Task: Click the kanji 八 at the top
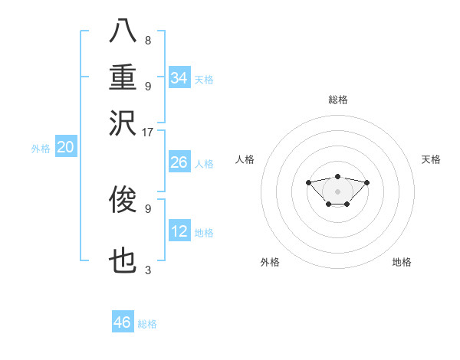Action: pyautogui.click(x=123, y=31)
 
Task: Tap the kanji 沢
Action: pyautogui.click(x=123, y=122)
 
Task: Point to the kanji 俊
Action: pyautogui.click(x=123, y=201)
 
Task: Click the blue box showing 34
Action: pyautogui.click(x=179, y=78)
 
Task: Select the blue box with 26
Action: pyautogui.click(x=179, y=163)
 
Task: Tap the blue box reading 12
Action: pyautogui.click(x=179, y=232)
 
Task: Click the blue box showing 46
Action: pyautogui.click(x=123, y=322)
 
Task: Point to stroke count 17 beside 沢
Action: pyautogui.click(x=148, y=131)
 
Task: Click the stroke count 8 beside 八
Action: pyautogui.click(x=148, y=40)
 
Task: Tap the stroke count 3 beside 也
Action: pyautogui.click(x=148, y=270)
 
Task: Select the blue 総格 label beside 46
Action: pyautogui.click(x=147, y=324)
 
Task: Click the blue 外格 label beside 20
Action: pyautogui.click(x=41, y=149)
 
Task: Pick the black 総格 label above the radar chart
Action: pyautogui.click(x=338, y=100)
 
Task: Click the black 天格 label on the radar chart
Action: pyautogui.click(x=431, y=159)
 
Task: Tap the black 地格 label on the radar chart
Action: pyautogui.click(x=402, y=263)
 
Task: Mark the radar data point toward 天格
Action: pyautogui.click(x=367, y=182)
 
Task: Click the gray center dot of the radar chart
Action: pyautogui.click(x=338, y=191)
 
